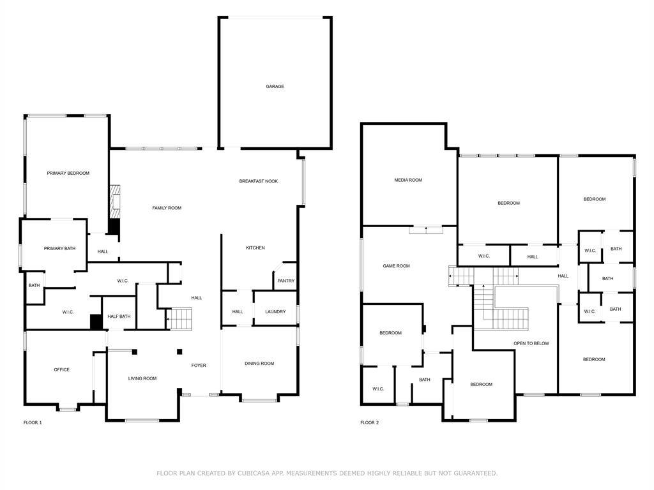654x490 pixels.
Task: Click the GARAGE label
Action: [275, 87]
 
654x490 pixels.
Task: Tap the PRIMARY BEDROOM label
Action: [68, 174]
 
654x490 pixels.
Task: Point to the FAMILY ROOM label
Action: [167, 208]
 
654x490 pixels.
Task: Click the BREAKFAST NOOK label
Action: [259, 181]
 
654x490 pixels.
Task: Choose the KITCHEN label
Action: [255, 248]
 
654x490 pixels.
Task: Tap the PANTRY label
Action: [285, 281]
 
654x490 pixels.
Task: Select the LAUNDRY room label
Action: [275, 312]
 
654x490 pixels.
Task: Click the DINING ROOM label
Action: [259, 364]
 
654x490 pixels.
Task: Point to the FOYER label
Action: [199, 366]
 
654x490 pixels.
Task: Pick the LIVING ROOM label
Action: [142, 379]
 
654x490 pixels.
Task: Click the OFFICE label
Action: [62, 370]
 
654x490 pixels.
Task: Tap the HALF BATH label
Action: [119, 316]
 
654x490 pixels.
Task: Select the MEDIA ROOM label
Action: [408, 181]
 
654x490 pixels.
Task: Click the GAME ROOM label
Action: [396, 266]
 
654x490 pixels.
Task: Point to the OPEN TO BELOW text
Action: [531, 344]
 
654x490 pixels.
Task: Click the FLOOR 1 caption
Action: [33, 423]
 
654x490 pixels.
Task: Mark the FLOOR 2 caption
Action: [369, 423]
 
